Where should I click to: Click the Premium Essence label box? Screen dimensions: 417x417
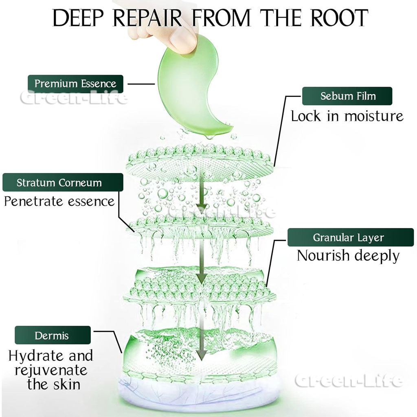tap(75, 83)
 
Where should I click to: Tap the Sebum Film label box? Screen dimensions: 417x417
tap(347, 96)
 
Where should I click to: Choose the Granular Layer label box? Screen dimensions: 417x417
tap(348, 237)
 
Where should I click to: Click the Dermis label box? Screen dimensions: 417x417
tap(53, 336)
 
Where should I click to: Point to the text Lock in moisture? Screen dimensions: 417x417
tap(347, 116)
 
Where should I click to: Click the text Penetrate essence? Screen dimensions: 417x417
tap(59, 201)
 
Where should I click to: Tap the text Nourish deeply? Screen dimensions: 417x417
tap(348, 256)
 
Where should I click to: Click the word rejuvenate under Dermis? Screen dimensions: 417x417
tap(52, 370)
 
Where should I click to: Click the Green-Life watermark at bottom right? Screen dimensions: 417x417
tap(348, 381)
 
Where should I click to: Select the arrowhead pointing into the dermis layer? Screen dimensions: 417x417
tap(200, 356)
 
